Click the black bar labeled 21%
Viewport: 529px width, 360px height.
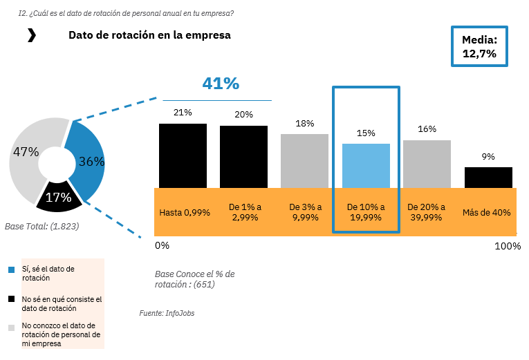[183, 155]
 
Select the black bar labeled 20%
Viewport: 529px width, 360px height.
[243, 157]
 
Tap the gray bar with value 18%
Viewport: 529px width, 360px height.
[304, 160]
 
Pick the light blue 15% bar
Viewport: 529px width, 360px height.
[366, 165]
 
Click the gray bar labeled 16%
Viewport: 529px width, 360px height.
[427, 164]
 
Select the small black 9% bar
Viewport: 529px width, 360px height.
[488, 177]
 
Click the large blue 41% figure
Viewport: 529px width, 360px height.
[221, 84]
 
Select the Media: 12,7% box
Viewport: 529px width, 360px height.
[479, 46]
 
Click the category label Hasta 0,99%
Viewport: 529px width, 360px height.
[185, 212]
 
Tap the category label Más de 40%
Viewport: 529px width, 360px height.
[487, 212]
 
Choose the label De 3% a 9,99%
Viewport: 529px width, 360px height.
[305, 212]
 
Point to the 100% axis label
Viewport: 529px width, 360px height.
[508, 246]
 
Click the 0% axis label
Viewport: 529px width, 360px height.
[162, 245]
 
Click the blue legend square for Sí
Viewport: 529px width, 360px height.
[11, 269]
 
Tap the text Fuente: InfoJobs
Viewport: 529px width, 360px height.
[167, 313]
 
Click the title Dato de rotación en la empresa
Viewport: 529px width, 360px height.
[149, 35]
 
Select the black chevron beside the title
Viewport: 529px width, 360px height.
[31, 35]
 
